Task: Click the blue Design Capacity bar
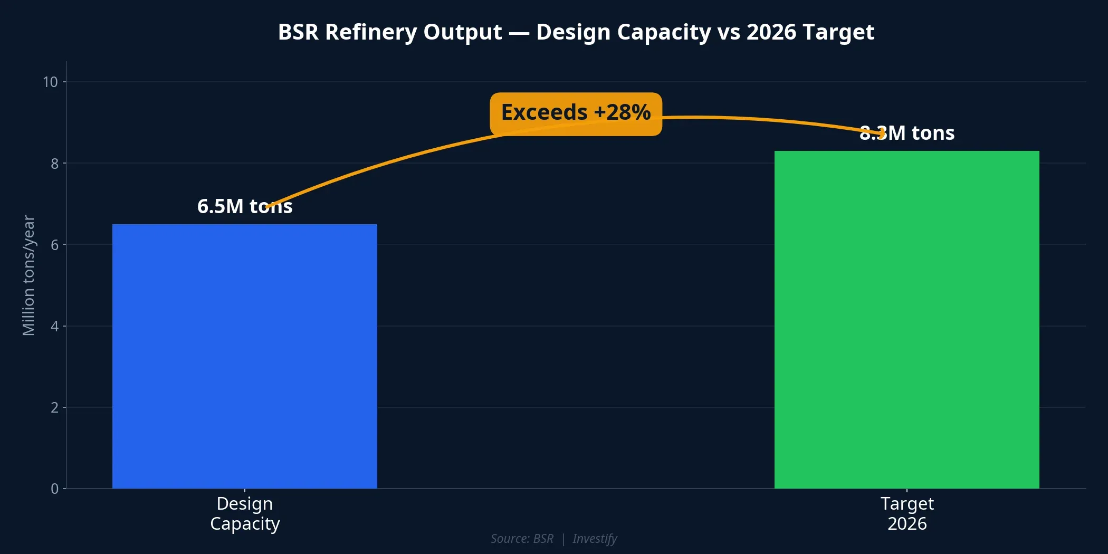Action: point(244,356)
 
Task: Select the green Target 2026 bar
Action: point(906,319)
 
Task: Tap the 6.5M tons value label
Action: point(244,206)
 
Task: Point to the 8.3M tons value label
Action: point(906,133)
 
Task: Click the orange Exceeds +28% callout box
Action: point(576,114)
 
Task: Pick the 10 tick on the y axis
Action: point(50,82)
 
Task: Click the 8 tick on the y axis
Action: point(54,164)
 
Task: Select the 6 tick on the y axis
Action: point(54,245)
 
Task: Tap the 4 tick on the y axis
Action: point(54,326)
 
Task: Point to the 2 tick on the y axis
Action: point(54,407)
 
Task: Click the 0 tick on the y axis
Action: point(54,489)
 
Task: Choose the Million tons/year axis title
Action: point(28,275)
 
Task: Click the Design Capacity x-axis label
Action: point(244,513)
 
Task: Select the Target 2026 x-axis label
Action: point(906,513)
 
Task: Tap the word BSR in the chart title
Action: point(298,32)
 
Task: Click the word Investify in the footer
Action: point(595,539)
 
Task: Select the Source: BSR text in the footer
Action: point(522,539)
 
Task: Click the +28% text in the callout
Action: point(622,112)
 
